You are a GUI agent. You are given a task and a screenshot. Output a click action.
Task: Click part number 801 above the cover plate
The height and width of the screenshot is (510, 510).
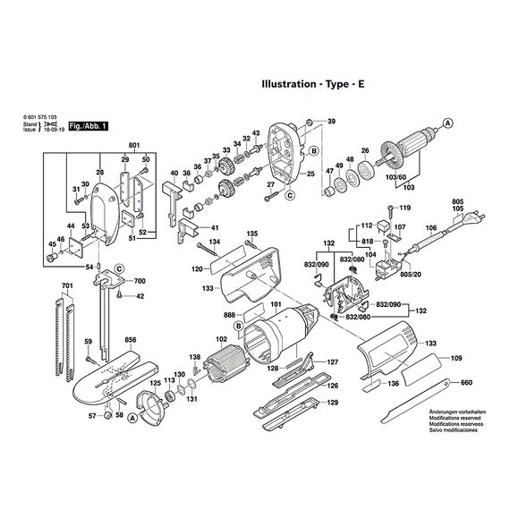tap(134, 145)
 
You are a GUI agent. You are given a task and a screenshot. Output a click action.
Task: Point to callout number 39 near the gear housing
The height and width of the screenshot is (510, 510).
tap(331, 122)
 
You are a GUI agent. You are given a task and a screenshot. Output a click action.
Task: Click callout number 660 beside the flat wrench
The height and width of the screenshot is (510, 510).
tap(465, 383)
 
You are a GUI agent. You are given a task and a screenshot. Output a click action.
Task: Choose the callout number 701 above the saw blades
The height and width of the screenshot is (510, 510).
tap(66, 285)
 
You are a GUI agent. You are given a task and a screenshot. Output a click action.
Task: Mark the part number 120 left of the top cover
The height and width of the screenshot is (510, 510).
tap(196, 268)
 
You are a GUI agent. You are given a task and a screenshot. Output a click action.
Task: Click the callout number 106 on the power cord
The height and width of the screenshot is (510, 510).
tap(430, 228)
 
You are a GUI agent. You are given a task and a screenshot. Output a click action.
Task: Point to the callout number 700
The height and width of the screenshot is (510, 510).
tap(140, 280)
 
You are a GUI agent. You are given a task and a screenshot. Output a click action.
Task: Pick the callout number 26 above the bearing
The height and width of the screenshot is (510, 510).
tap(365, 150)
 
